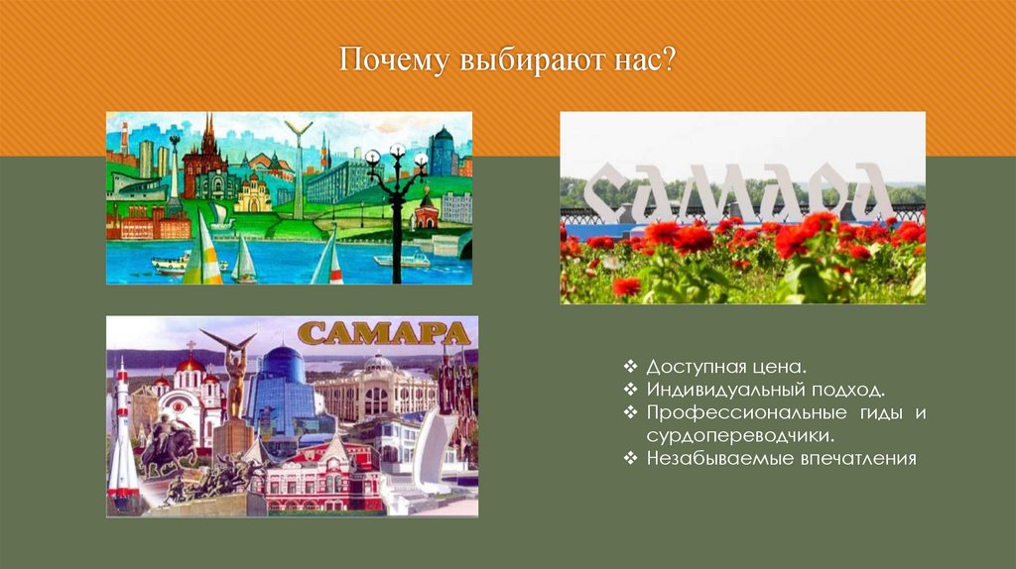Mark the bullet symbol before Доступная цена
(632, 369)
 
